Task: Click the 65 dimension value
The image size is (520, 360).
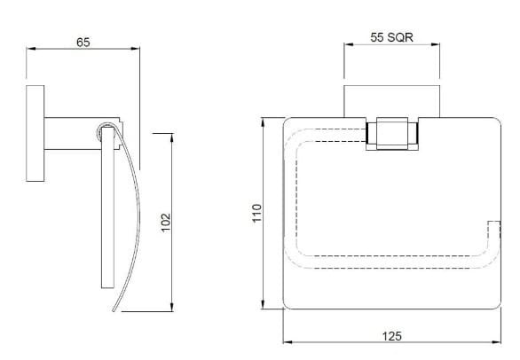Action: (83, 42)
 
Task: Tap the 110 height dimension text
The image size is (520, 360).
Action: (257, 213)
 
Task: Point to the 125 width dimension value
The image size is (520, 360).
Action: (392, 335)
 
